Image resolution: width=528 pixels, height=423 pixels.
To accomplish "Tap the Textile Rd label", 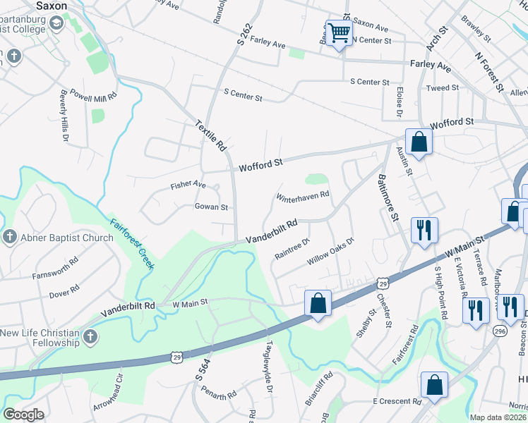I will tap(211, 135).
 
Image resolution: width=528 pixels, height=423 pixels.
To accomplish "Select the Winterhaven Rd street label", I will tap(303, 195).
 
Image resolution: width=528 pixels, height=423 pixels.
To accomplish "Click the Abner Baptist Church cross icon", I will tap(8, 237).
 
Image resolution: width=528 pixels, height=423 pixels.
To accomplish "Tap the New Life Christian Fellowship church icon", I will tap(89, 337).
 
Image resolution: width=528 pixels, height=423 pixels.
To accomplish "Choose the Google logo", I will tap(23, 415).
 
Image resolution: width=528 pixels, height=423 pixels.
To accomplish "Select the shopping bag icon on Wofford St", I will tap(419, 142).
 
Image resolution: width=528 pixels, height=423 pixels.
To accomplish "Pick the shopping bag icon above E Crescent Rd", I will tap(434, 385).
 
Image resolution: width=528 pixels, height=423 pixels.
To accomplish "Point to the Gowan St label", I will tap(211, 207).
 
